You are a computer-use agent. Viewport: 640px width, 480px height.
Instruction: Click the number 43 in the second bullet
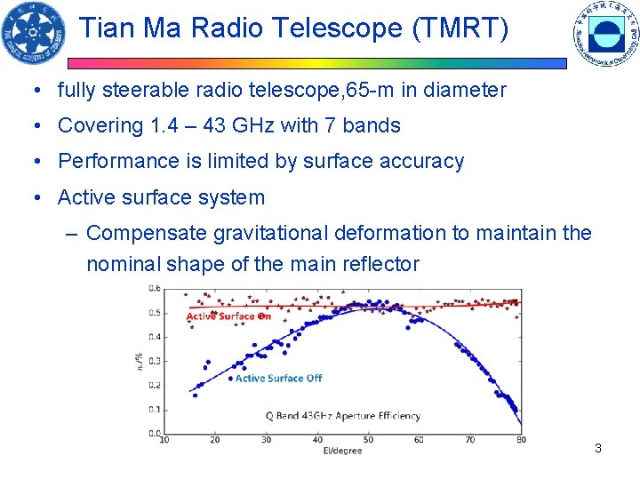pos(214,126)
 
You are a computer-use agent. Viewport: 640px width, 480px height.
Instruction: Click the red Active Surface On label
pos(228,316)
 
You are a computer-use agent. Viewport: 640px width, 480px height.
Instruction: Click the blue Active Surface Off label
pos(278,378)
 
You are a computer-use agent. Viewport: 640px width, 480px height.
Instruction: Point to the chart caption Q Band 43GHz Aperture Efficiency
pos(342,415)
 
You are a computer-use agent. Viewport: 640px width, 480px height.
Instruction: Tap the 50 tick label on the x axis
pos(368,440)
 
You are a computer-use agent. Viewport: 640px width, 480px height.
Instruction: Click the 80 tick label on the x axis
pos(520,440)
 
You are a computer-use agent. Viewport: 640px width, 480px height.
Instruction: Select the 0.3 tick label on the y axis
pos(154,361)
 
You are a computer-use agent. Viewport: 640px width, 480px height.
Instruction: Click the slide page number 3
pos(598,448)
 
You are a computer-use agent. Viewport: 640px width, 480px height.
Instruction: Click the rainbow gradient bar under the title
pos(317,63)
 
